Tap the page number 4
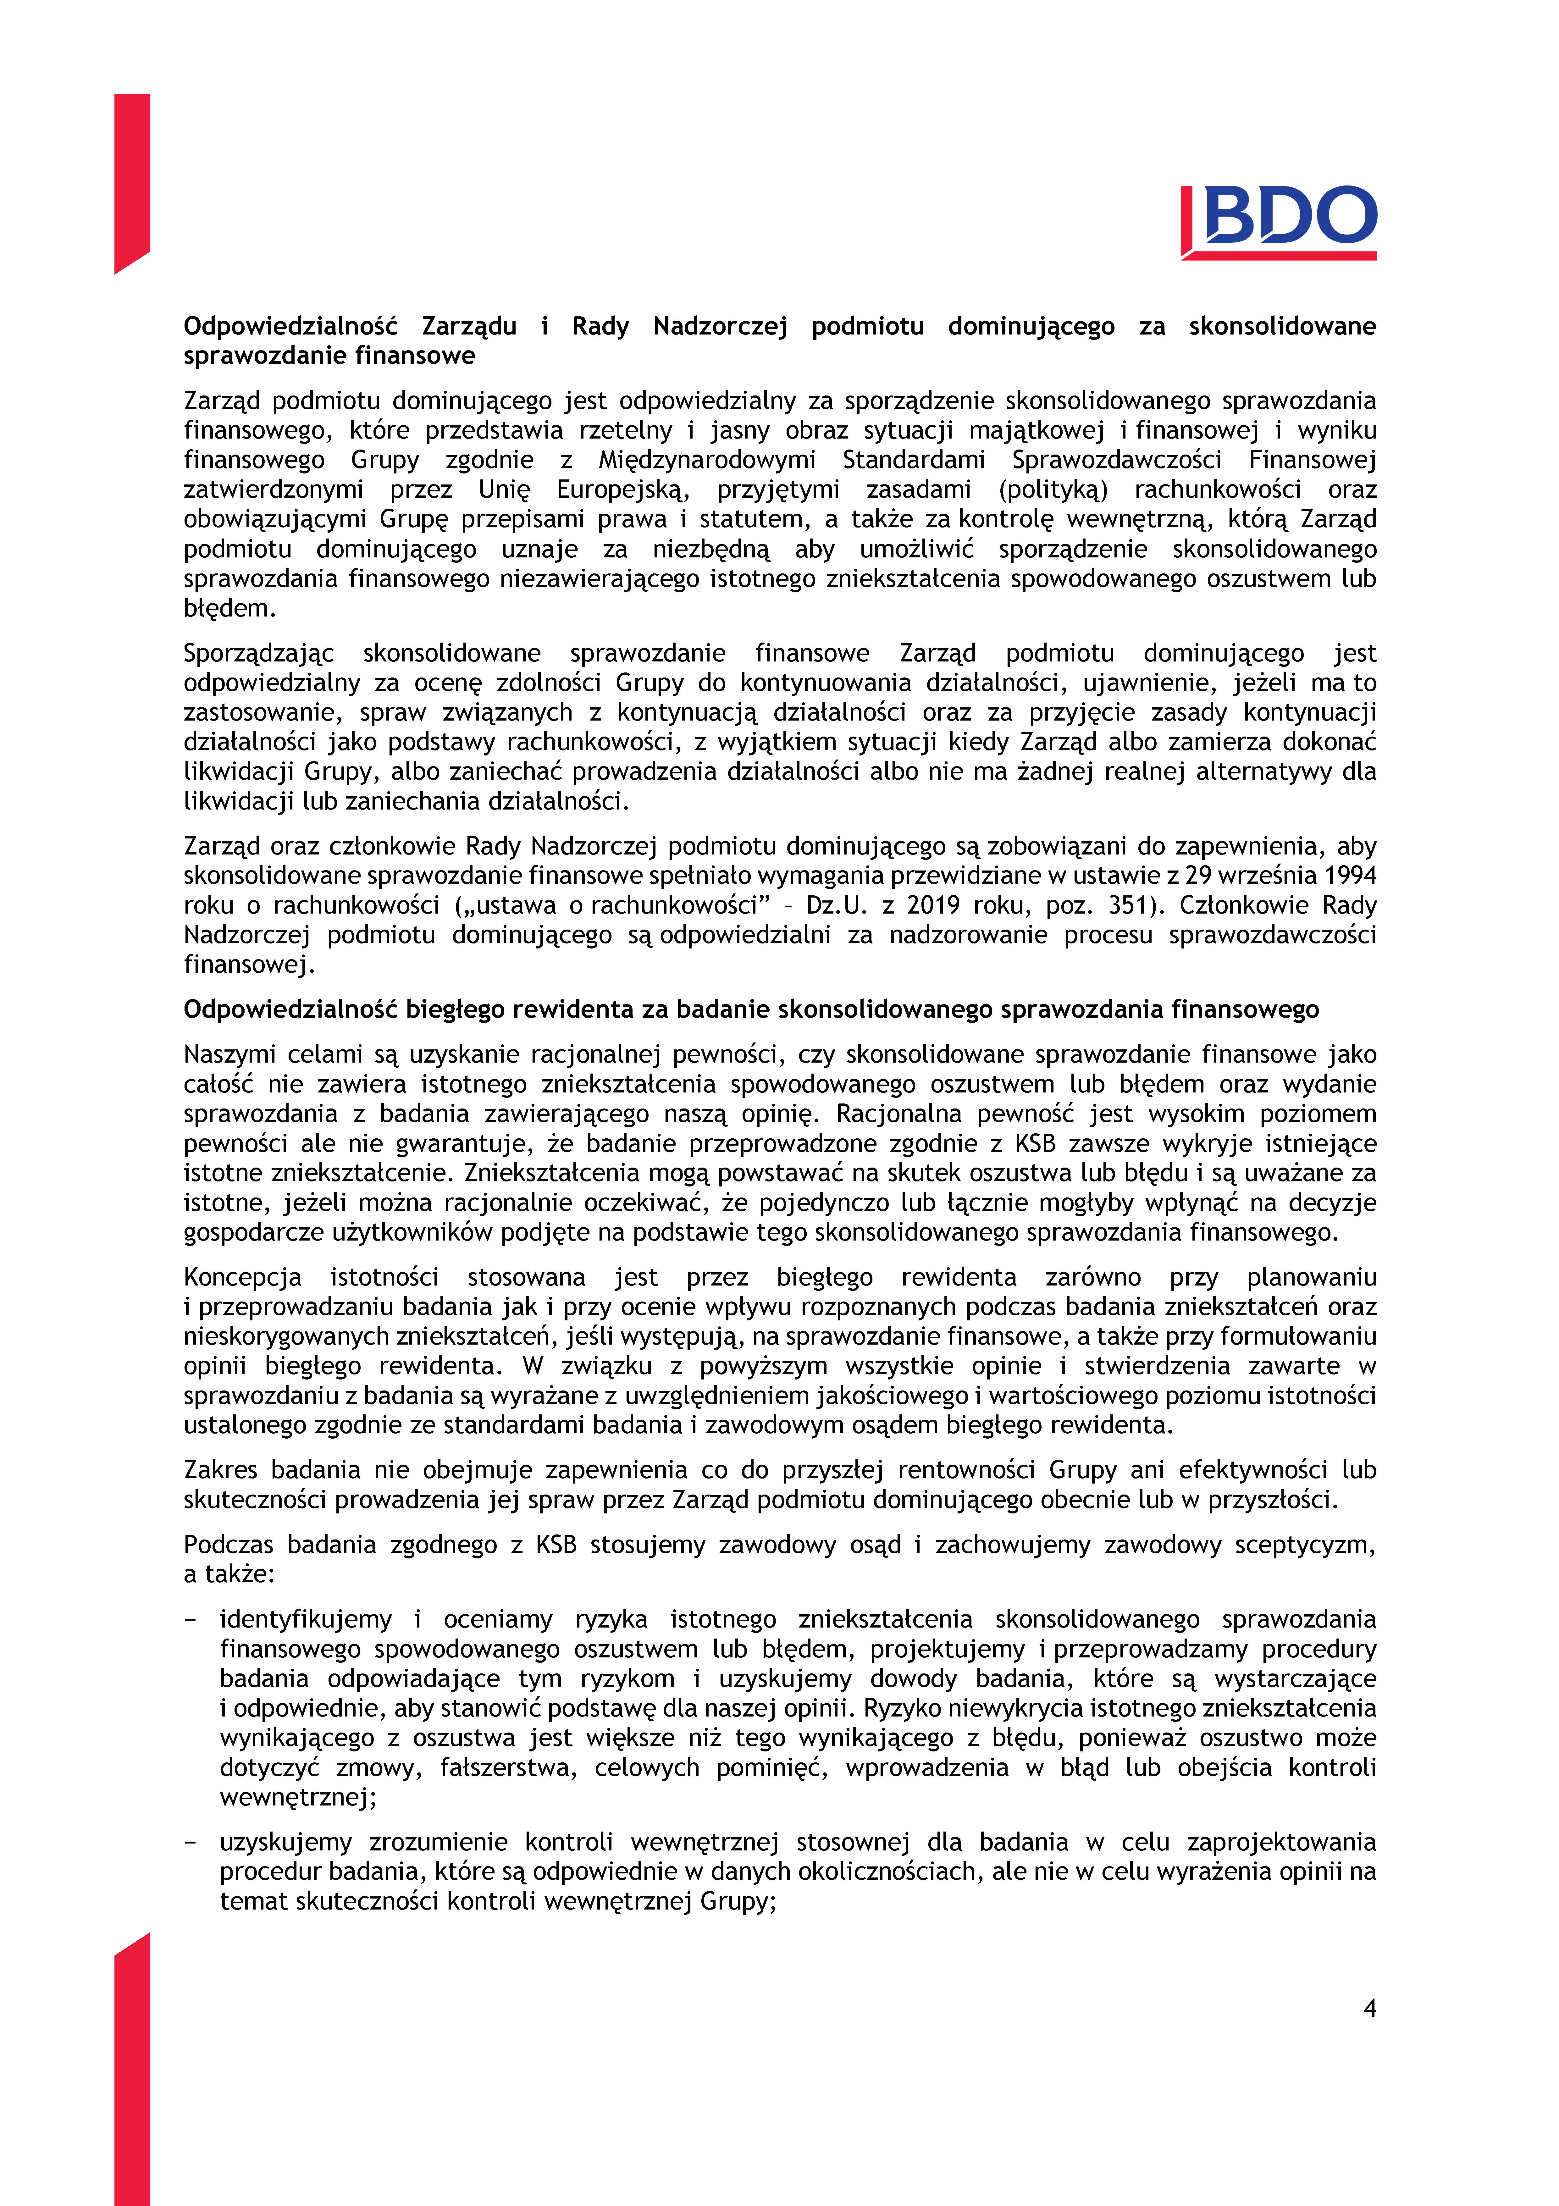[1370, 2007]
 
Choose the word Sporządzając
[258, 653]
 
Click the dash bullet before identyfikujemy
[190, 1619]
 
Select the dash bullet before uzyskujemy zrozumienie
[190, 1842]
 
